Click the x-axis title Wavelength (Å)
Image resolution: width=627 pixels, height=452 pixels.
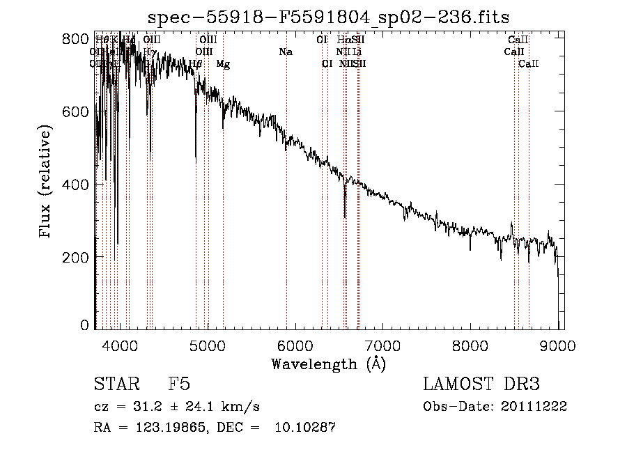pos(328,363)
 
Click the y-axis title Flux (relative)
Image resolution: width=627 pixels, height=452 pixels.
pos(46,182)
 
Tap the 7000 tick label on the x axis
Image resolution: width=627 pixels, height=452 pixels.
pos(383,344)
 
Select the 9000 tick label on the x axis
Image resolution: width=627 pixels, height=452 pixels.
pos(558,344)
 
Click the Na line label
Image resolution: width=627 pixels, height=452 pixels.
pos(286,52)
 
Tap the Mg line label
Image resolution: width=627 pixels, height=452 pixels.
pos(223,64)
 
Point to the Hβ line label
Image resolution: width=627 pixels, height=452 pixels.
pos(196,64)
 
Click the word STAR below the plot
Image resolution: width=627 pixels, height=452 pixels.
pos(116,385)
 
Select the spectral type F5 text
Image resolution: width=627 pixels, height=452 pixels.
pos(179,385)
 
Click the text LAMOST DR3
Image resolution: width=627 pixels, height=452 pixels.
pos(481,385)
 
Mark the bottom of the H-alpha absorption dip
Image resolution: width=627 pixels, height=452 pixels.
pos(345,217)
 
